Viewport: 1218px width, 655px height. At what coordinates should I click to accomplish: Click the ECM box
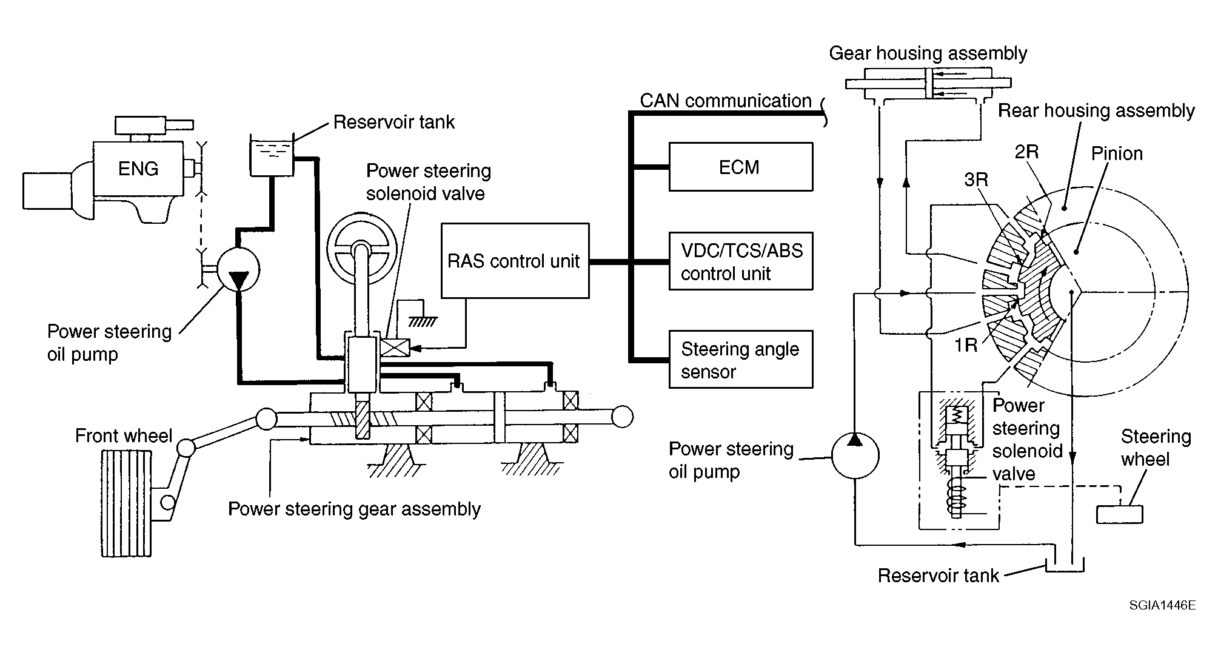click(x=740, y=167)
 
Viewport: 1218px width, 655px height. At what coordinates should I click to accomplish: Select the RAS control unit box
click(x=515, y=261)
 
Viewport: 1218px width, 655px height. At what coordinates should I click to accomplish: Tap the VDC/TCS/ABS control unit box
click(x=740, y=261)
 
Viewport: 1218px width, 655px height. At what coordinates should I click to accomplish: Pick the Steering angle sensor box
click(x=740, y=360)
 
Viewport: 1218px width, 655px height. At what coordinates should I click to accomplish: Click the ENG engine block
click(x=138, y=169)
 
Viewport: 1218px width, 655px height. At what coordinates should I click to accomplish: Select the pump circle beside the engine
click(x=238, y=270)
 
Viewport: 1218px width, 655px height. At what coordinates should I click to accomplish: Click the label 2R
click(x=1026, y=152)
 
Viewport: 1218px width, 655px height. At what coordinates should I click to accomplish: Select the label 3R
click(x=976, y=180)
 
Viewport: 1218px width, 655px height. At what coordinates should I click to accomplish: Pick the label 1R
click(x=966, y=345)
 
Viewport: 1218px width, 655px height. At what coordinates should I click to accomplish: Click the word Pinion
click(x=1117, y=153)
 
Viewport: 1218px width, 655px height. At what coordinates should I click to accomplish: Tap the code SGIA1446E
click(x=1162, y=605)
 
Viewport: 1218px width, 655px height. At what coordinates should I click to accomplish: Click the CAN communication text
click(x=725, y=101)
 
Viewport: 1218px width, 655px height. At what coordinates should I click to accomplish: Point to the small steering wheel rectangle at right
click(x=1120, y=514)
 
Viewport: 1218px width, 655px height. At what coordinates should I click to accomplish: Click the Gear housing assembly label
click(x=928, y=53)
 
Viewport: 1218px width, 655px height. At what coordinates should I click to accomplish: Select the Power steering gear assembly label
click(x=354, y=509)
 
